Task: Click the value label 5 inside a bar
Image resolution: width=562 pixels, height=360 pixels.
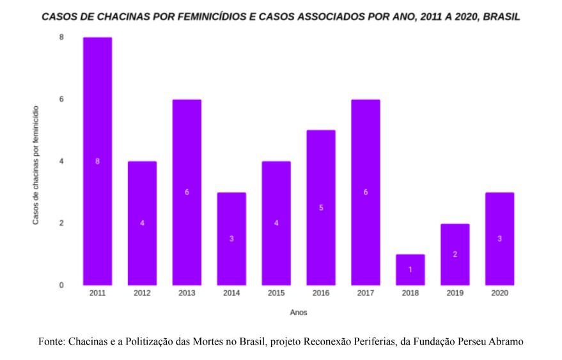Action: tap(321, 207)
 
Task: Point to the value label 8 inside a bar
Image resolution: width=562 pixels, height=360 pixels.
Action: tap(97, 161)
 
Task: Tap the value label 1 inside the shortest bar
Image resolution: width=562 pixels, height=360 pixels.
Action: tap(410, 269)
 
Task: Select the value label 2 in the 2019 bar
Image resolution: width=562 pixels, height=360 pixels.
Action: tap(455, 254)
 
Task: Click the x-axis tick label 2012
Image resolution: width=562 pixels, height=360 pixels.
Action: tap(142, 293)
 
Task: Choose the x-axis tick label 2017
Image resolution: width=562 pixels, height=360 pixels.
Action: tap(365, 293)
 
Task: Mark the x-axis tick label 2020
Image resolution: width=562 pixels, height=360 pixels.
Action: tap(499, 293)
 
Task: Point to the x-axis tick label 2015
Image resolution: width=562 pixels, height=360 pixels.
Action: tap(276, 293)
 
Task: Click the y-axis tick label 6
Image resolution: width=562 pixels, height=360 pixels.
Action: tap(61, 99)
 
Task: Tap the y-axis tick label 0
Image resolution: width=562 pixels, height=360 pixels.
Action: tap(61, 285)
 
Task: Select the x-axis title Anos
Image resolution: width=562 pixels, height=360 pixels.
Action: tap(298, 313)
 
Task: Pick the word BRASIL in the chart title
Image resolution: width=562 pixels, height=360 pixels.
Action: tap(501, 17)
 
